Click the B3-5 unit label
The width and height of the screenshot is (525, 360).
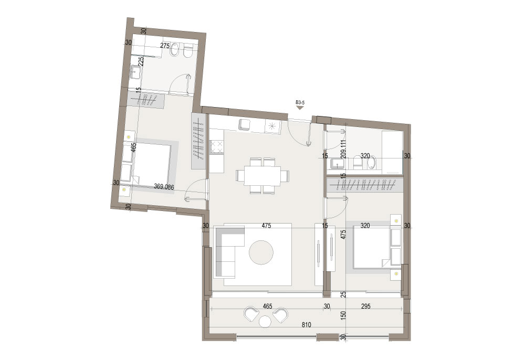[300, 103]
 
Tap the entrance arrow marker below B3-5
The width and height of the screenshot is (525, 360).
[300, 108]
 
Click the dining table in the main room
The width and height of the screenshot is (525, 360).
[262, 176]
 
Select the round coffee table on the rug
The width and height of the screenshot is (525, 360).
[261, 253]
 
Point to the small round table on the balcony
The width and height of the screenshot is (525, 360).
[265, 322]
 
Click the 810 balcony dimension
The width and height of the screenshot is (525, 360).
[306, 324]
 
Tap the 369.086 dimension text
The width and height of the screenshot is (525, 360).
[164, 187]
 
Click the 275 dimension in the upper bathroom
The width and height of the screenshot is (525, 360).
[165, 46]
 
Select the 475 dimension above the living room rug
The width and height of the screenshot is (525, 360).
[266, 226]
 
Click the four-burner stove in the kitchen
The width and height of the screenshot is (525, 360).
[216, 147]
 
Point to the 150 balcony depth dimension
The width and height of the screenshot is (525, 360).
[343, 315]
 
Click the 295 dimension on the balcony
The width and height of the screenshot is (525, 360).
[365, 306]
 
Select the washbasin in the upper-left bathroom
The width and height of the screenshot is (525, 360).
[135, 71]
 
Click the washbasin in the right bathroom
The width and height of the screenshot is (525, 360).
[336, 164]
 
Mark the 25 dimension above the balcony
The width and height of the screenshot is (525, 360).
[343, 294]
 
